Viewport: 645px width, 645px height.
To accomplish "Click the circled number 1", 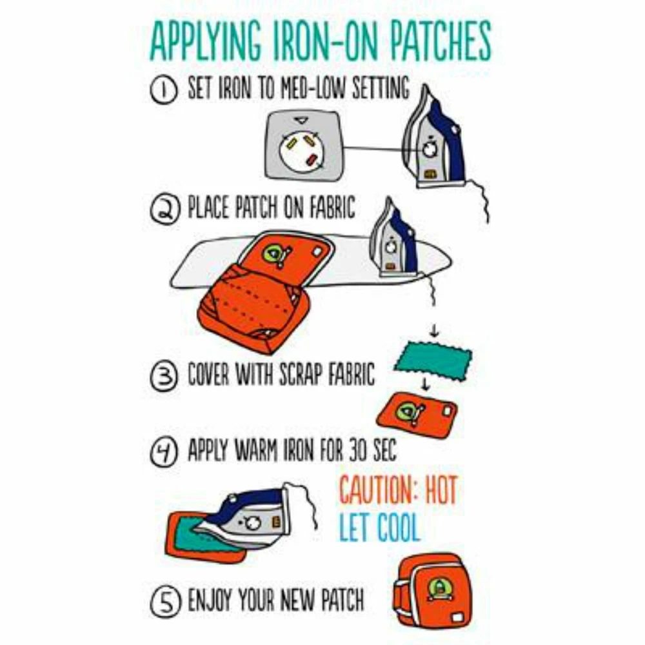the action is [163, 90].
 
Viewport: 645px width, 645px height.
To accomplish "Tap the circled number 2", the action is [164, 209].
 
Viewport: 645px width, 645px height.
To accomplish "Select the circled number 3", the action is [164, 376].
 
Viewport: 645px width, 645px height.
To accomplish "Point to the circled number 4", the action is [164, 451].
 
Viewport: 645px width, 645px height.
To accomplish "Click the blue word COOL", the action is [398, 527].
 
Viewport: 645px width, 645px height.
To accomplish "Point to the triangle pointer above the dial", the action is [301, 121].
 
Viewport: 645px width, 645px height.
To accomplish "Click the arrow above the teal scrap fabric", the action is [434, 330].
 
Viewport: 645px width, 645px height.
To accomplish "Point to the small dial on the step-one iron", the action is [430, 150].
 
